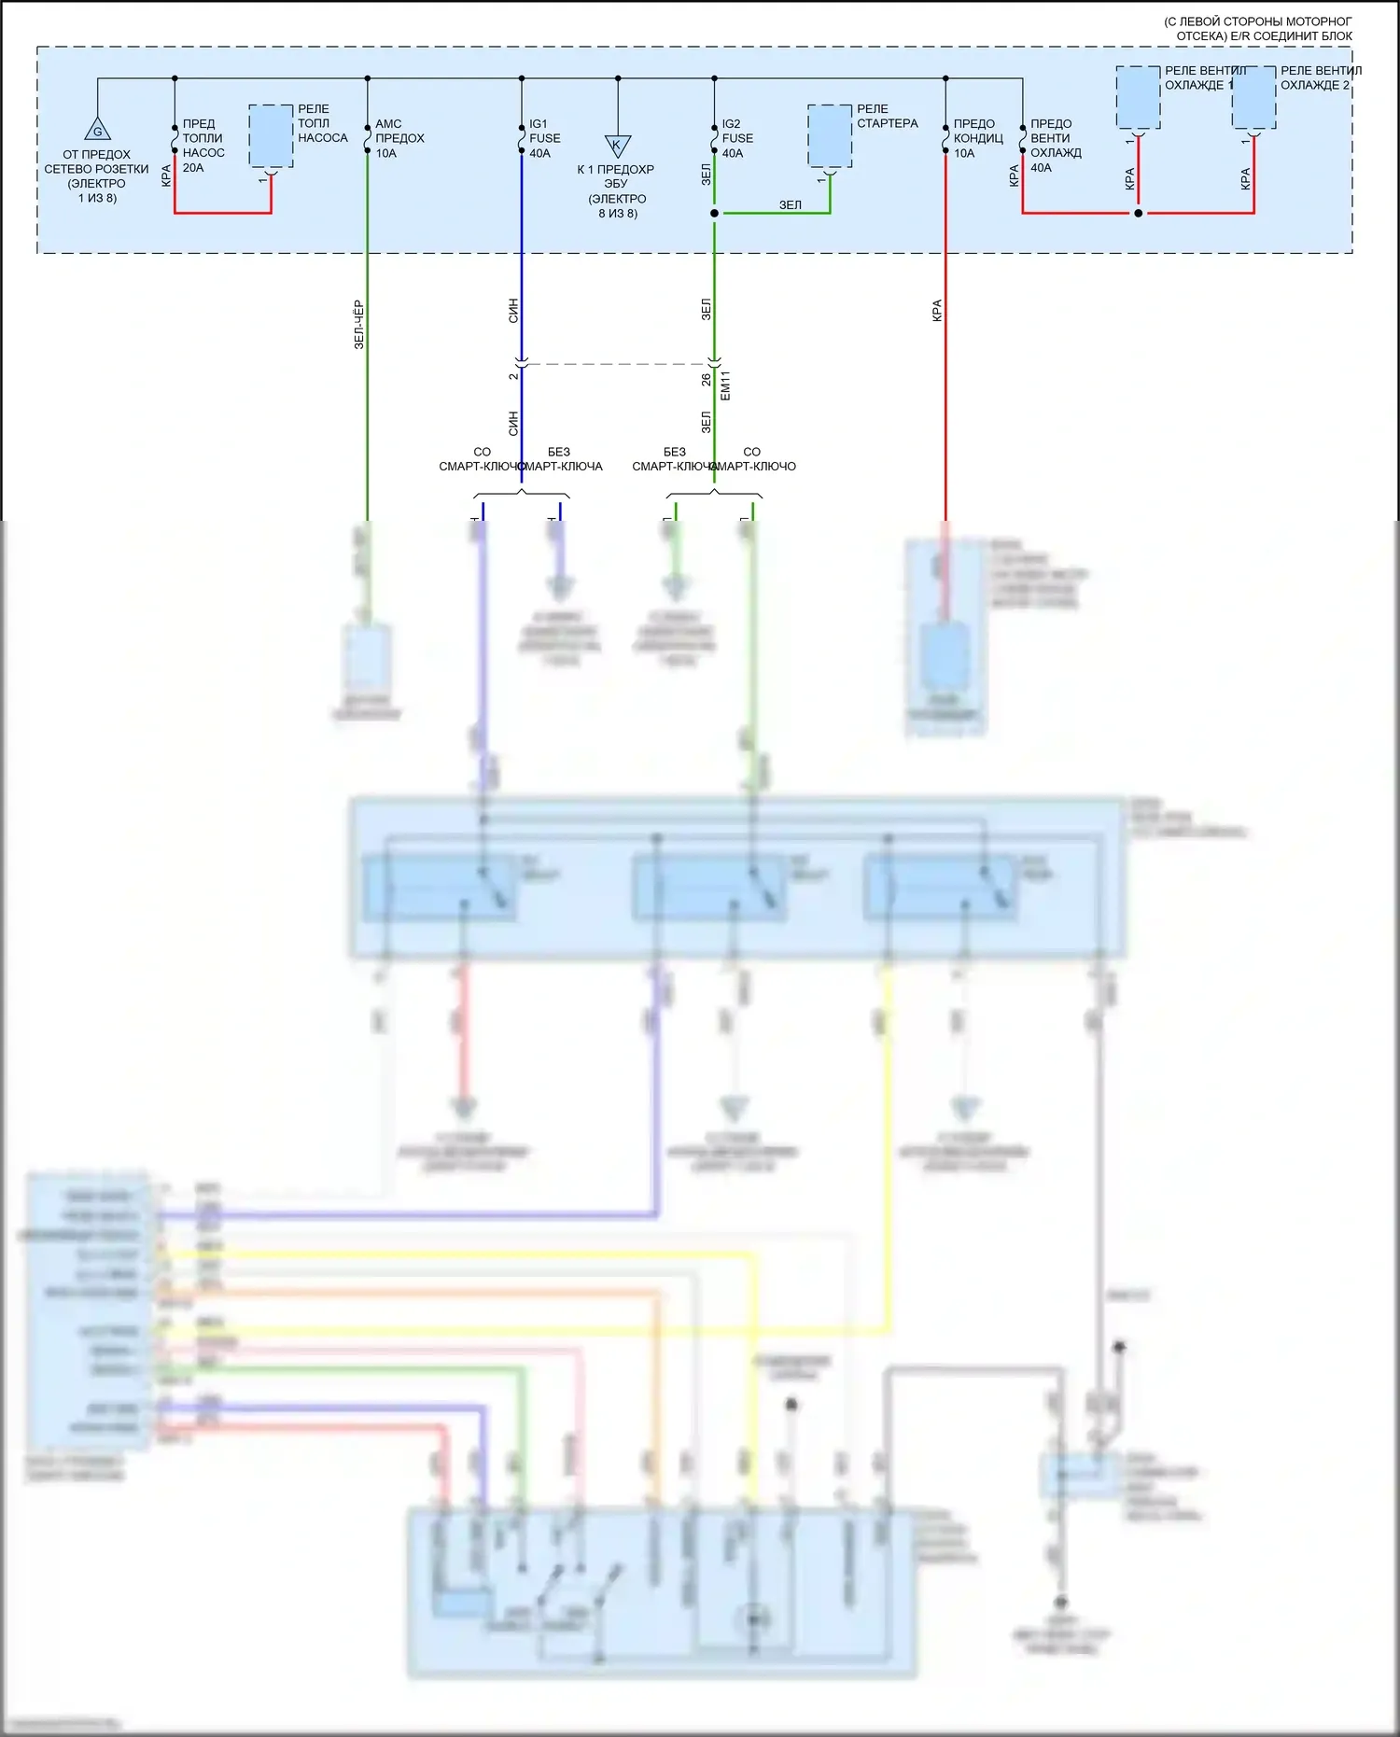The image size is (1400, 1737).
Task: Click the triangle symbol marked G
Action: coord(97,129)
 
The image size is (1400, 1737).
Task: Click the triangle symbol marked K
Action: coord(617,146)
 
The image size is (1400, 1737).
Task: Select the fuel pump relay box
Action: coord(271,136)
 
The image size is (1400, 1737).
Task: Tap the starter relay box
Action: coord(830,136)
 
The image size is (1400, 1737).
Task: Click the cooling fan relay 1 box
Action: coord(1138,97)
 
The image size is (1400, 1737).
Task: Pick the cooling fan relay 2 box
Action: coord(1253,97)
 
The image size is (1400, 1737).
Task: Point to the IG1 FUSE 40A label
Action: coord(544,138)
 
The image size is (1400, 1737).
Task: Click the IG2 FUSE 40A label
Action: coord(736,138)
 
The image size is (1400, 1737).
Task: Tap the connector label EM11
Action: coord(726,385)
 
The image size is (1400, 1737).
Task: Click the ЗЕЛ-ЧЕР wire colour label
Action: coord(358,325)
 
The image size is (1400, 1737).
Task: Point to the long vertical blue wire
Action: coord(522,280)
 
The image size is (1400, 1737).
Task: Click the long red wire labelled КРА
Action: coord(945,373)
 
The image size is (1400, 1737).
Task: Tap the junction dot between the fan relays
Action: coord(1138,213)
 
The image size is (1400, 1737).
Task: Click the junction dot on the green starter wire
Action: coord(714,213)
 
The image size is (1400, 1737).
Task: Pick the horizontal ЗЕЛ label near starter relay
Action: coord(790,204)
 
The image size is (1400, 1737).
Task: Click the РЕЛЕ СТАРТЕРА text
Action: coord(887,116)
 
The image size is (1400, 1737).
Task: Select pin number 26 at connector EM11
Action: coord(706,380)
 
